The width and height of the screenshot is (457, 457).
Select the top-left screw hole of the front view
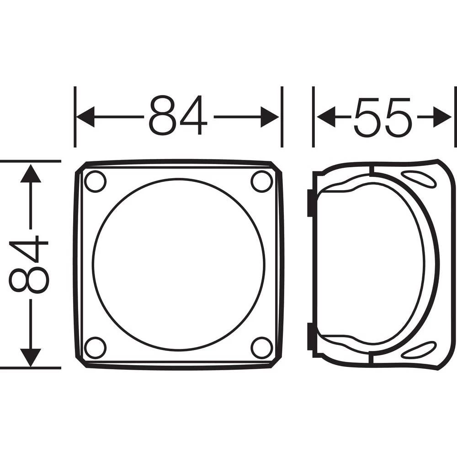[x=96, y=181]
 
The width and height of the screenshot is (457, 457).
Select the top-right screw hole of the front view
[x=261, y=181]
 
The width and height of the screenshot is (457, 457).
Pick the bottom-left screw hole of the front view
[x=96, y=347]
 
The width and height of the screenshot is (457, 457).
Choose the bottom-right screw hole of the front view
[x=261, y=347]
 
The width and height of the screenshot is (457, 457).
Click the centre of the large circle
[x=178, y=264]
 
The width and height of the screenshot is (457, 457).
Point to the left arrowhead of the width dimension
[x=85, y=117]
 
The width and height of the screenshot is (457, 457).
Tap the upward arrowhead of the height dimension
[x=31, y=174]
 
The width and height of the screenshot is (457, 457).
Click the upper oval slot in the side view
[x=419, y=179]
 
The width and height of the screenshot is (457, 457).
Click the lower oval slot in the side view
[x=419, y=350]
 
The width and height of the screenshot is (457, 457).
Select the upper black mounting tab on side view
[x=310, y=203]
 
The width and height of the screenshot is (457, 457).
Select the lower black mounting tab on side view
[x=310, y=336]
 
